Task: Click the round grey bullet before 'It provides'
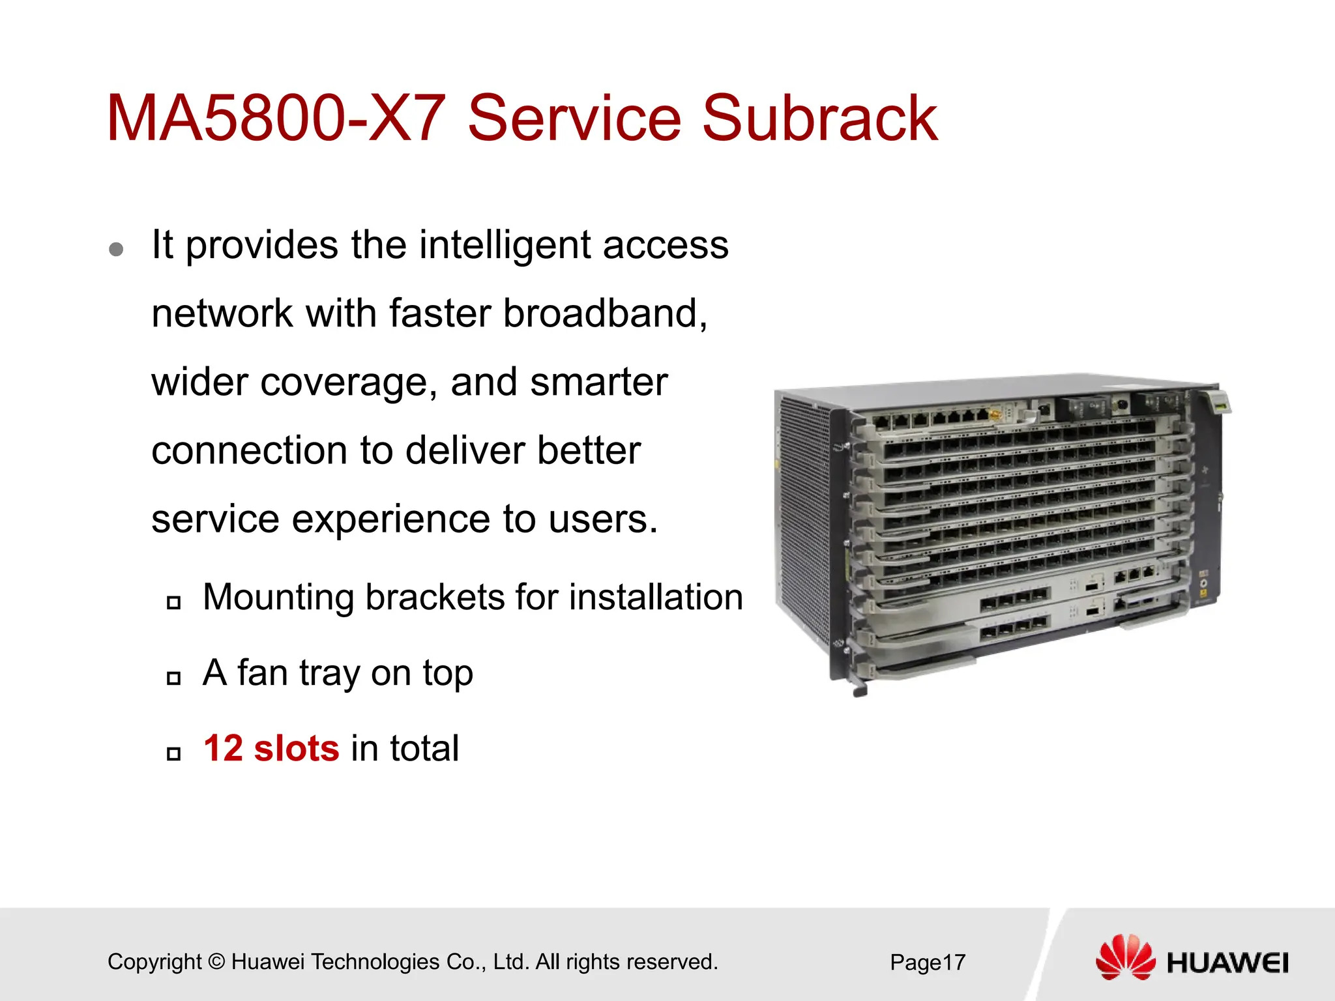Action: pyautogui.click(x=117, y=249)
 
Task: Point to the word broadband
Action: pyautogui.click(x=604, y=313)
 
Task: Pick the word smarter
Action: pyautogui.click(x=598, y=383)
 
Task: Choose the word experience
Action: pyautogui.click(x=390, y=519)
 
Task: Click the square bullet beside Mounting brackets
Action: pyautogui.click(x=173, y=602)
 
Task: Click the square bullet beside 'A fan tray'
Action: pyautogui.click(x=173, y=678)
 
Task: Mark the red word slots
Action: pyautogui.click(x=297, y=748)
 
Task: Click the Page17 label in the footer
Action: pyautogui.click(x=927, y=963)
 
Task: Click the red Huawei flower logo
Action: pyautogui.click(x=1125, y=957)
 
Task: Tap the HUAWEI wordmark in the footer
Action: pyautogui.click(x=1227, y=963)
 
